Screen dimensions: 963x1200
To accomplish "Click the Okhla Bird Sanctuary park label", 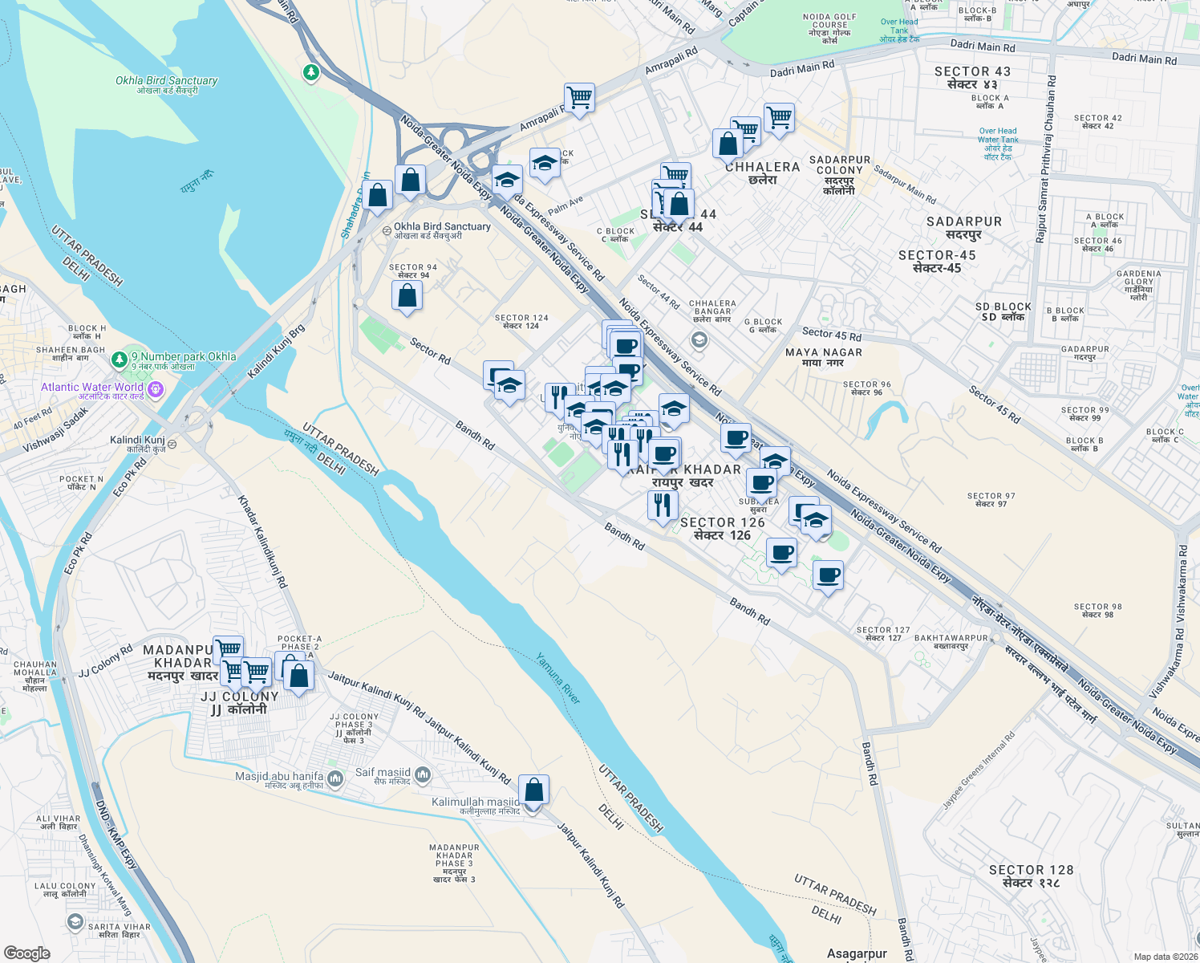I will tap(166, 84).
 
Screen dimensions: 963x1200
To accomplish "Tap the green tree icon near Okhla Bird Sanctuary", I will tap(311, 72).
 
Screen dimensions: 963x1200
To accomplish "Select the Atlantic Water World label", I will tap(92, 387).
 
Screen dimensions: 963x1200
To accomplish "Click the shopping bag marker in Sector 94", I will tap(407, 295).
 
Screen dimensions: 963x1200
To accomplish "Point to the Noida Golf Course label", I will tap(829, 28).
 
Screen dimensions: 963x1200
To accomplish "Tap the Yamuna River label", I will tap(558, 678).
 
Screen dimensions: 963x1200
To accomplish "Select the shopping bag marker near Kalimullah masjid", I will tap(533, 790).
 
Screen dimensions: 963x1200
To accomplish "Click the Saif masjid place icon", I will tap(423, 774).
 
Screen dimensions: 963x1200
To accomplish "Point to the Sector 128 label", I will tap(1031, 876).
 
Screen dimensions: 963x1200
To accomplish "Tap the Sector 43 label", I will tap(972, 77).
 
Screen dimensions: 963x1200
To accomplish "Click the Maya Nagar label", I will tap(824, 357).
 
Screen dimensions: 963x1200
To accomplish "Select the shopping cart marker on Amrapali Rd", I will tap(579, 98).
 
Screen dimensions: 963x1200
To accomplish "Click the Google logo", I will tap(27, 953).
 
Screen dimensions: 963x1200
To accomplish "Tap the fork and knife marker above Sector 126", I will tap(663, 505).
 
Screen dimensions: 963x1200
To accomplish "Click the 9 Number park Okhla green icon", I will tap(120, 358).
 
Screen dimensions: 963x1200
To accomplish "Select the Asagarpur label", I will tap(857, 953).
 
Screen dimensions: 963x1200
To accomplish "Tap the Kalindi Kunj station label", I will tap(137, 444).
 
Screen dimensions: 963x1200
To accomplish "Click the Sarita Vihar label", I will tap(120, 930).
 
